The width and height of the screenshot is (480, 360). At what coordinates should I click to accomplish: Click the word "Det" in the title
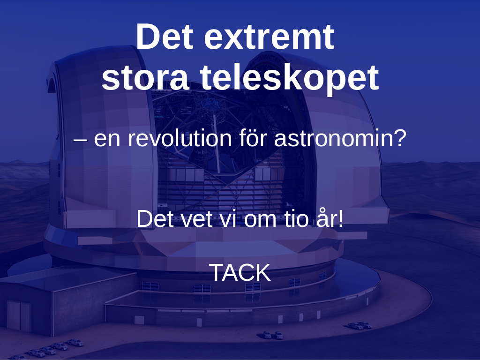pyautogui.click(x=165, y=36)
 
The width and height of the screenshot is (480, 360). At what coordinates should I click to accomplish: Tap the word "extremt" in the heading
pyautogui.click(x=269, y=37)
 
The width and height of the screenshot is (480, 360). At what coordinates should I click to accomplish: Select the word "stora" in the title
pyautogui.click(x=144, y=78)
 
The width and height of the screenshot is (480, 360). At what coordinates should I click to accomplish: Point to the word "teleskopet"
pyautogui.click(x=290, y=78)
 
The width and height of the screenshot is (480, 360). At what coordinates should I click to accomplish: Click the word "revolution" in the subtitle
pyautogui.click(x=178, y=138)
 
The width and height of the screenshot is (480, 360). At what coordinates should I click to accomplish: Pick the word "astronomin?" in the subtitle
pyautogui.click(x=340, y=138)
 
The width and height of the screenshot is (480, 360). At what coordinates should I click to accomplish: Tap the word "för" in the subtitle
pyautogui.click(x=253, y=138)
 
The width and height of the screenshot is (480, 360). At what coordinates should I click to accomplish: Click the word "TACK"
pyautogui.click(x=240, y=272)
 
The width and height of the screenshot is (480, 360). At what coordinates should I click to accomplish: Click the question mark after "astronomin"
pyautogui.click(x=401, y=138)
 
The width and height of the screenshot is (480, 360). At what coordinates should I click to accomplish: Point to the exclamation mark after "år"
pyautogui.click(x=341, y=218)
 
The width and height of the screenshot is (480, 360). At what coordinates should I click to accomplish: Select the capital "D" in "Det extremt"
pyautogui.click(x=147, y=36)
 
